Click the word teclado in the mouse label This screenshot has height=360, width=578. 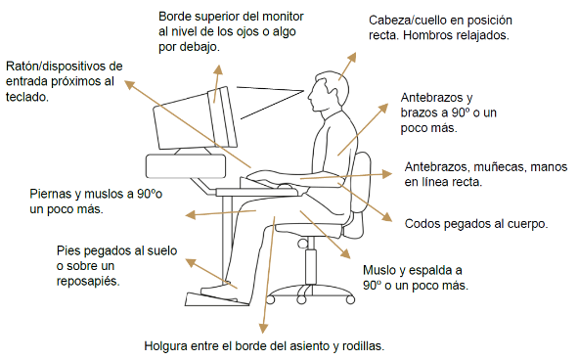point(25,98)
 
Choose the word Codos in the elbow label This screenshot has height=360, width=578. point(424,223)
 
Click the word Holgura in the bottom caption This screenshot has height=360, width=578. point(167,346)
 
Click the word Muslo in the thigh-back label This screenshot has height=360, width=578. point(380,270)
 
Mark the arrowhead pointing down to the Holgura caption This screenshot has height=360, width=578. point(261,330)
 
